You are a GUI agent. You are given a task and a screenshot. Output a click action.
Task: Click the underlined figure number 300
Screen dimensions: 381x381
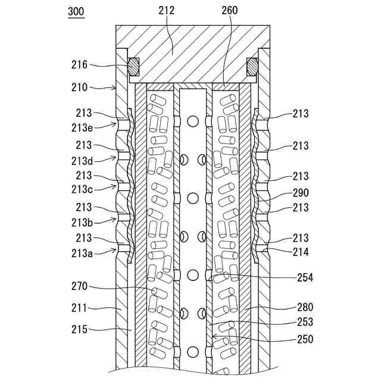(76, 11)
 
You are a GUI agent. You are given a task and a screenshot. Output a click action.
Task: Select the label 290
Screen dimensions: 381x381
(300, 193)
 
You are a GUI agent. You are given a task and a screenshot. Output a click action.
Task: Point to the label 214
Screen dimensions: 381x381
(300, 252)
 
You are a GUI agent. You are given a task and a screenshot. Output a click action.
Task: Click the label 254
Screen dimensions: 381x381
(305, 277)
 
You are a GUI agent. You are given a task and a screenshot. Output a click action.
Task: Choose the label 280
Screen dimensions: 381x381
(305, 308)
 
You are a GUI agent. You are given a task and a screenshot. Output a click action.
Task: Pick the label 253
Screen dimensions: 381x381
(305, 322)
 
